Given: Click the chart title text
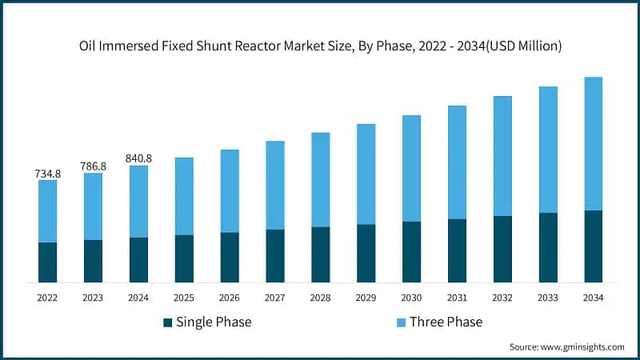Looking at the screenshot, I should [x=320, y=46].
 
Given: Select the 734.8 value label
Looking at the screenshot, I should [x=47, y=173].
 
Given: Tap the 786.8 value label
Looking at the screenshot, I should [x=93, y=166].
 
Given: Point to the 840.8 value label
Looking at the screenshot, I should [x=138, y=158].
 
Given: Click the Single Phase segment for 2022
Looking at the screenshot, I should [x=47, y=262].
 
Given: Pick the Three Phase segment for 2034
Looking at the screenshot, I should [x=594, y=144].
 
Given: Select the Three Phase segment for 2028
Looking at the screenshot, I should [x=320, y=180].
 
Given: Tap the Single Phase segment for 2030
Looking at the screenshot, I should [x=411, y=252].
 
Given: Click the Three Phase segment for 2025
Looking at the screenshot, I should [x=184, y=196].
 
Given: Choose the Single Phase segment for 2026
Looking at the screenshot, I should [x=230, y=258].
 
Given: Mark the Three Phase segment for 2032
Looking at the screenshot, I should [x=502, y=156].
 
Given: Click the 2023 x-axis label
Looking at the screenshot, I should [x=93, y=298].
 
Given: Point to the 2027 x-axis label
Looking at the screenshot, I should [x=274, y=298].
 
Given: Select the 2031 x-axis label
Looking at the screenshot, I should [x=457, y=298].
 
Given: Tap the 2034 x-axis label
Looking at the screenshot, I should [x=594, y=298].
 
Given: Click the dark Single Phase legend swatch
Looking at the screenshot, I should [x=167, y=322].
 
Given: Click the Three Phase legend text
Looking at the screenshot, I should [x=446, y=322].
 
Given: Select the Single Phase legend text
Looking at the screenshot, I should [x=214, y=322].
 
